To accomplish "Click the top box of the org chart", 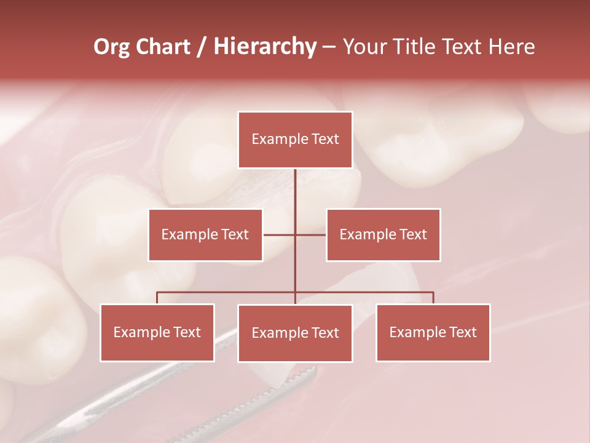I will (295, 140).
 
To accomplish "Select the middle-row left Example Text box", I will (205, 235).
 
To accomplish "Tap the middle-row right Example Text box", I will (383, 235).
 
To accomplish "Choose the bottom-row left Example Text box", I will (157, 333).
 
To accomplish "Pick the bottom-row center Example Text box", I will (295, 333).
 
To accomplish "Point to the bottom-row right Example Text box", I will (433, 333).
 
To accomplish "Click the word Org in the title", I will (111, 47).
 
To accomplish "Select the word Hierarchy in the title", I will (265, 47).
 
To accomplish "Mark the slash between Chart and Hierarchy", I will (202, 47).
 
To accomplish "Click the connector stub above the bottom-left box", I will (157, 298).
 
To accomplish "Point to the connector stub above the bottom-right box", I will (433, 298).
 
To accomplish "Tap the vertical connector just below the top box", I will (295, 185).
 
